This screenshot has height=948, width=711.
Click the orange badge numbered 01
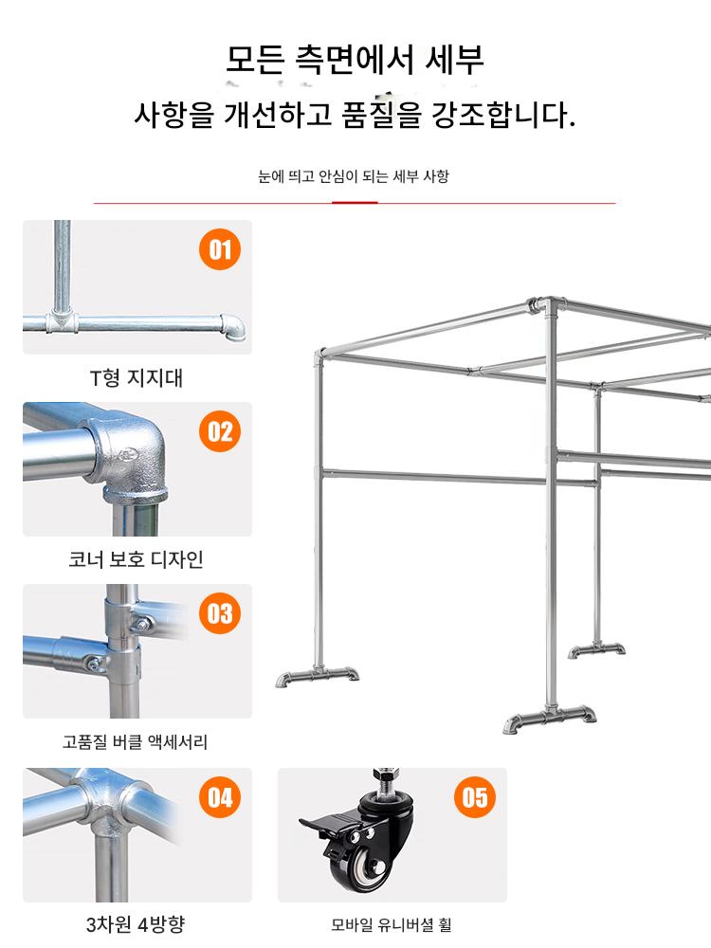220,249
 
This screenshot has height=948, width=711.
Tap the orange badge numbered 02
220,431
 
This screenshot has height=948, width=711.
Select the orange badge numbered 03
220,613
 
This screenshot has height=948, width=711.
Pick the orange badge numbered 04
220,797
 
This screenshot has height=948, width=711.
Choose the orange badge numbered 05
475,797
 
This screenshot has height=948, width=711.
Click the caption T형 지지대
136,378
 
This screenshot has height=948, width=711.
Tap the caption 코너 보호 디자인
136,559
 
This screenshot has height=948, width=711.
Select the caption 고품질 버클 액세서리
135,741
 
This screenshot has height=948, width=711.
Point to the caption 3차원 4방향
136,923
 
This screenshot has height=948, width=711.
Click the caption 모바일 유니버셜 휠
392,924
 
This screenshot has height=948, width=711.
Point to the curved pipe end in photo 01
233,327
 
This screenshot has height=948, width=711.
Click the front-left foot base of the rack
318,676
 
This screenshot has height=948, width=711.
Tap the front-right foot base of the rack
549,718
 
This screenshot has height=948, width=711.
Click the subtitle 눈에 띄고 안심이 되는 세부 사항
354,176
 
